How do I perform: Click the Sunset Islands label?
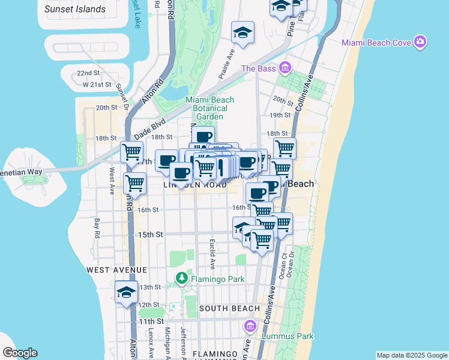pyautogui.click(x=75, y=9)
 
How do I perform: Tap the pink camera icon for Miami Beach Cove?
pyautogui.click(x=421, y=41)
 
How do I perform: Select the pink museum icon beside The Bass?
pyautogui.click(x=285, y=68)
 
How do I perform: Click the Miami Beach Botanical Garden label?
pyautogui.click(x=209, y=108)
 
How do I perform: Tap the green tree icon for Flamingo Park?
pyautogui.click(x=182, y=278)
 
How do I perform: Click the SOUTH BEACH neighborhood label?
pyautogui.click(x=229, y=308)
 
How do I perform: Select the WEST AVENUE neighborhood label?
pyautogui.click(x=115, y=271)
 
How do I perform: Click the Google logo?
pyautogui.click(x=20, y=353)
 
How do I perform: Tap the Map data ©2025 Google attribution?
pyautogui.click(x=412, y=355)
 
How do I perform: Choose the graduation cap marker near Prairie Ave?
pyautogui.click(x=243, y=32)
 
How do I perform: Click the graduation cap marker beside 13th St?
pyautogui.click(x=127, y=292)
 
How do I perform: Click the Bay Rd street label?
pyautogui.click(x=96, y=228)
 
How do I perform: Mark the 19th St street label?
pyautogui.click(x=280, y=115)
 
